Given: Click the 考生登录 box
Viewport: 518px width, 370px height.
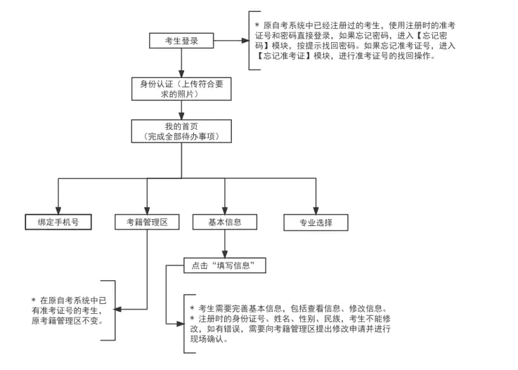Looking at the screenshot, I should pos(181,41).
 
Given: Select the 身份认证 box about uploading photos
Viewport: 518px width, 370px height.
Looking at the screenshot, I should pos(182,89).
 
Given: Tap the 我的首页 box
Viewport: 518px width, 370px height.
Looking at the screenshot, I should pos(182,131).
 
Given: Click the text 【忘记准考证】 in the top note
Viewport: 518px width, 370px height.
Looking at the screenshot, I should pos(285,55).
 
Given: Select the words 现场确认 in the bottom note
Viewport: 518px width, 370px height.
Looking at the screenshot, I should pos(209,339).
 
